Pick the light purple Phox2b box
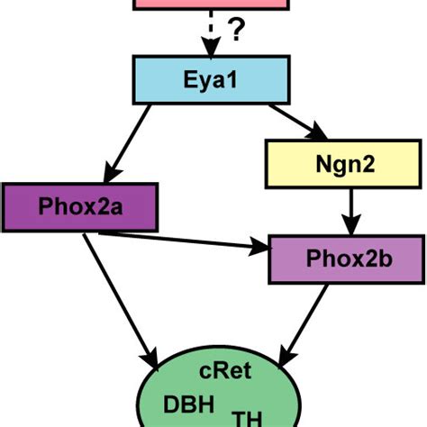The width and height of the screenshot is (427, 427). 346,259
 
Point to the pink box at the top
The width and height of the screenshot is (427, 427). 212,5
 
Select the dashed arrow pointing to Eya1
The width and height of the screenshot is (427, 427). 211,34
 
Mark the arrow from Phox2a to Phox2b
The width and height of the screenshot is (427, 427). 180,240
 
